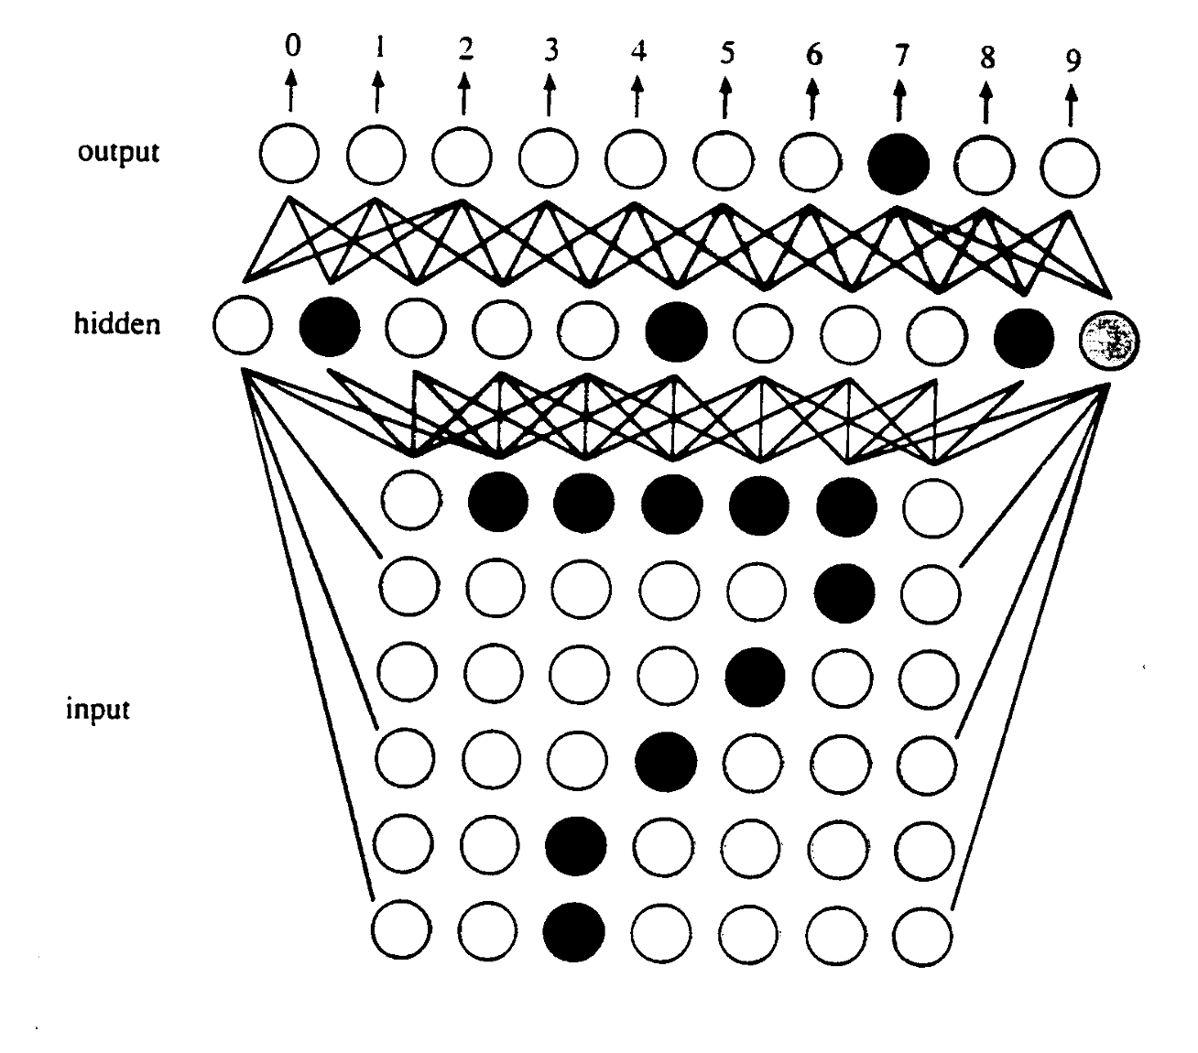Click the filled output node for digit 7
898,164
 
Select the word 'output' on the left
118,151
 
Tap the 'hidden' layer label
116,323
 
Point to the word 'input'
97,709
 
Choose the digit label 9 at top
1073,60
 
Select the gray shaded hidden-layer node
1109,340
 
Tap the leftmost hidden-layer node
242,325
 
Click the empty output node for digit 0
289,155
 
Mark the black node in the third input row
756,676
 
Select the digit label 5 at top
726,53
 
